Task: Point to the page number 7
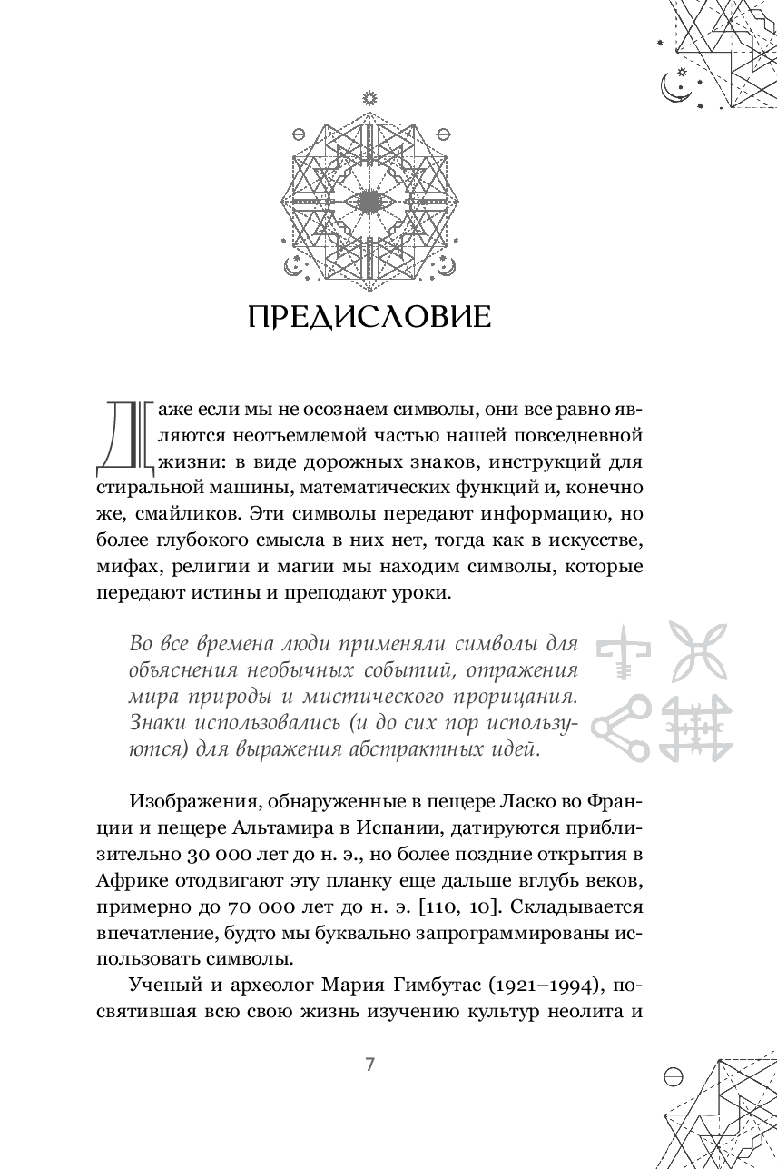tap(369, 1065)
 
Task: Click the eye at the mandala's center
tap(369, 200)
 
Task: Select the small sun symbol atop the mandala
tap(369, 96)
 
